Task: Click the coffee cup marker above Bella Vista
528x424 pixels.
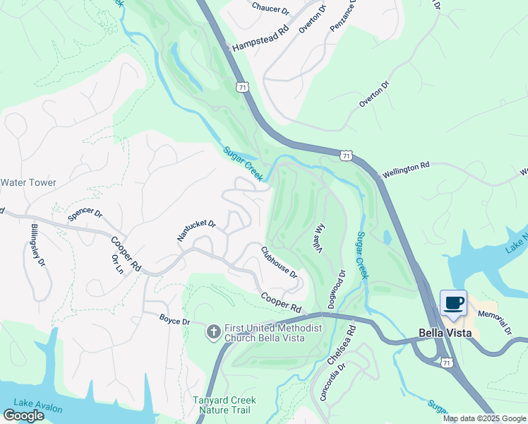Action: point(454,303)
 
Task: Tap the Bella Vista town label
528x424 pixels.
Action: point(441,333)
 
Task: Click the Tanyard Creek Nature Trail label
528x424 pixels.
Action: point(224,405)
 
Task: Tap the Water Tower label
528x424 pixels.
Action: point(28,182)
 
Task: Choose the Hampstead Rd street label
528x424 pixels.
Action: point(260,41)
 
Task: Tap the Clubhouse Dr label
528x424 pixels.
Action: point(279,261)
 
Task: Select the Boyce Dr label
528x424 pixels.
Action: point(175,322)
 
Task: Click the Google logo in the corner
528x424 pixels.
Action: point(23,416)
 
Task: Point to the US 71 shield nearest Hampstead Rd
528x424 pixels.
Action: point(241,87)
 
